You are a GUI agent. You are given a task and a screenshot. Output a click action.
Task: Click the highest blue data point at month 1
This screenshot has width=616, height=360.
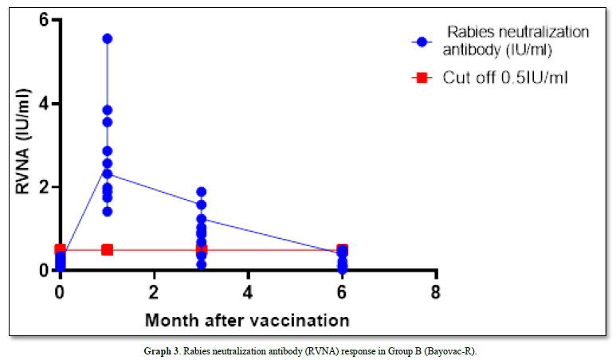pos(107,38)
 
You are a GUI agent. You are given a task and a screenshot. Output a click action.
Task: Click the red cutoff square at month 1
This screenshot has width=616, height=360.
pos(107,249)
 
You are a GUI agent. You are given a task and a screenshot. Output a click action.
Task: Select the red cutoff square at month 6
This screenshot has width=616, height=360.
pos(343,249)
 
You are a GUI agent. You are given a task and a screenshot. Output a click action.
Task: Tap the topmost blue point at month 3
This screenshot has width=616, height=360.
pos(201,192)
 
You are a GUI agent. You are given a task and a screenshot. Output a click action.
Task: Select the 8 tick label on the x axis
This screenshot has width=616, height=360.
pos(436,291)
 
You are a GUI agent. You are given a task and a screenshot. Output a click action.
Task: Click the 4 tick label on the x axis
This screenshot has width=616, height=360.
pos(248,291)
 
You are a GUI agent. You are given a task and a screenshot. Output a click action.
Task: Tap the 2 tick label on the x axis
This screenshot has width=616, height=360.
pos(154,291)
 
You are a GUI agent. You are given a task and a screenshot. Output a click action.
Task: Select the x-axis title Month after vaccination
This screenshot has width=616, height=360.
pos(247,320)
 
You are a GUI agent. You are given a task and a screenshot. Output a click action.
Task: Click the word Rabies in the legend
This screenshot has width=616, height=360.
pos(468,32)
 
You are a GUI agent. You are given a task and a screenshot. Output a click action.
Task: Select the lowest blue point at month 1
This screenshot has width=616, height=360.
pos(107,211)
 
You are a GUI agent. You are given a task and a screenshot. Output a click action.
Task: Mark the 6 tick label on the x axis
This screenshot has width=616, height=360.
pos(343,291)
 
